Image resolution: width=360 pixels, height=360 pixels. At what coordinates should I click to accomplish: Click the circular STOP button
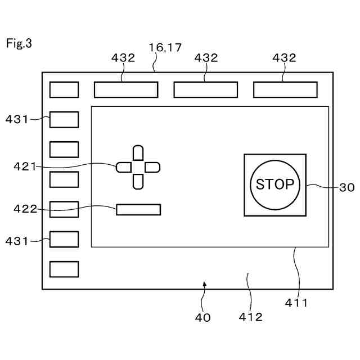point(275,184)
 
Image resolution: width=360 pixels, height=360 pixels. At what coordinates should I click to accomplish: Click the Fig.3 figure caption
point(19,43)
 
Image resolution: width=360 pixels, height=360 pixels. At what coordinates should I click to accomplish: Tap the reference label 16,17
point(165,48)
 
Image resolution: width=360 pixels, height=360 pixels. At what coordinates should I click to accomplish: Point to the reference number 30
point(347,187)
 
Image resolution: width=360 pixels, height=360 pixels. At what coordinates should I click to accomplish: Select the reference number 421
point(25,166)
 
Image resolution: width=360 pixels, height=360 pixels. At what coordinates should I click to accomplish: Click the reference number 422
point(25,209)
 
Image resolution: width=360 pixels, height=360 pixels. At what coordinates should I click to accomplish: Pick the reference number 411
point(296,303)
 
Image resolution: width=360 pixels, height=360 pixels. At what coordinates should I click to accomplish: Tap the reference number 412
point(250,317)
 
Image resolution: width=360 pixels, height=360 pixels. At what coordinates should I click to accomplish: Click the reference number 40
point(202,317)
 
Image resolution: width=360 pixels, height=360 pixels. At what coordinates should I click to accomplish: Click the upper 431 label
point(16,119)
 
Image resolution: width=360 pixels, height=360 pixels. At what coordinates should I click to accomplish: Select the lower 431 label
point(16,241)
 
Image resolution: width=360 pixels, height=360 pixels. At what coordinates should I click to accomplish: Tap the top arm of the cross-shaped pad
point(138,153)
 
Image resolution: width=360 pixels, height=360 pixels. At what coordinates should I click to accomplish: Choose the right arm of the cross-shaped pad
point(152,167)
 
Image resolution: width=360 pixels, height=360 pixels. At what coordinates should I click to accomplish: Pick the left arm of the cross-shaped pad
point(124,167)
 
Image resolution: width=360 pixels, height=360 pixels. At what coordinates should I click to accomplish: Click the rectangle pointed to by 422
point(138,210)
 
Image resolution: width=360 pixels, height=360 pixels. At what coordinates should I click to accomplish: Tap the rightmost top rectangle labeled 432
point(285,90)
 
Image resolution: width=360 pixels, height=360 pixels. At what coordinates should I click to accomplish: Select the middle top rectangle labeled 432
point(205,90)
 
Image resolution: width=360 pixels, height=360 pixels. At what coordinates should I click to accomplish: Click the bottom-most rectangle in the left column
point(64,269)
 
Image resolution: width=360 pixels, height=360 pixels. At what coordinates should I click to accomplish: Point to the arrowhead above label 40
point(205,285)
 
